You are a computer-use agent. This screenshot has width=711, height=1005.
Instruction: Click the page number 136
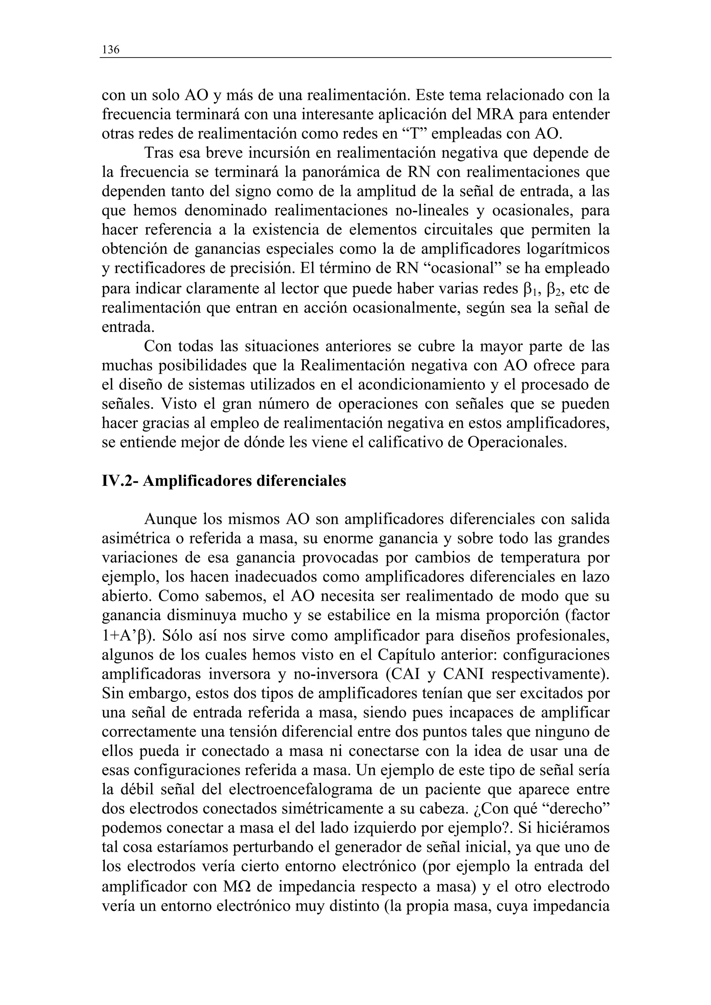tap(110, 50)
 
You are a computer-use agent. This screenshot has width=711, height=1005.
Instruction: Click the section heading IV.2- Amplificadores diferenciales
tap(224, 481)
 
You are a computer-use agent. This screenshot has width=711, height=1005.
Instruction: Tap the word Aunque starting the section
tap(170, 519)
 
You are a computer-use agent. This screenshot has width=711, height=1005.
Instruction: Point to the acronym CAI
tap(403, 674)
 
